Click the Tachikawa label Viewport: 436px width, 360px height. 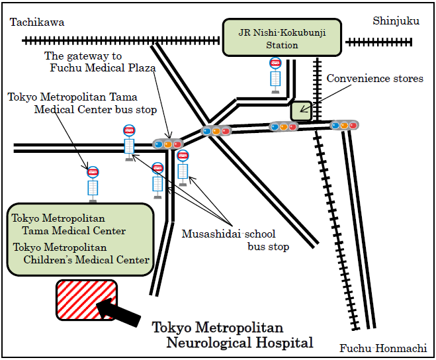(37, 22)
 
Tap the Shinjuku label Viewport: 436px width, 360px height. (396, 21)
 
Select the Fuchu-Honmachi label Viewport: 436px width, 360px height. (383, 348)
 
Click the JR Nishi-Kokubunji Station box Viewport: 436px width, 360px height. (282, 38)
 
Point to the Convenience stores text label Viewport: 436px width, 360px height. (374, 79)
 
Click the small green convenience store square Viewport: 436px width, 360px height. (301, 111)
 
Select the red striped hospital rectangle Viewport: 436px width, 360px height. (87, 300)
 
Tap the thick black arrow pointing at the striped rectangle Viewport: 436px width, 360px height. (120, 312)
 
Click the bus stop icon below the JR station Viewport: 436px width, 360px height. (275, 74)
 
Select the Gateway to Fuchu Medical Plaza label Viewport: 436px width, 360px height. (101, 62)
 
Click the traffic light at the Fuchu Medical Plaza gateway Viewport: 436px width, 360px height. (167, 144)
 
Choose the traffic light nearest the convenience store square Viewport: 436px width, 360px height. (284, 126)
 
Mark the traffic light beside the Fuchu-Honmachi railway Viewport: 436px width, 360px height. (344, 124)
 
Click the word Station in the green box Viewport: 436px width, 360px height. (282, 46)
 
